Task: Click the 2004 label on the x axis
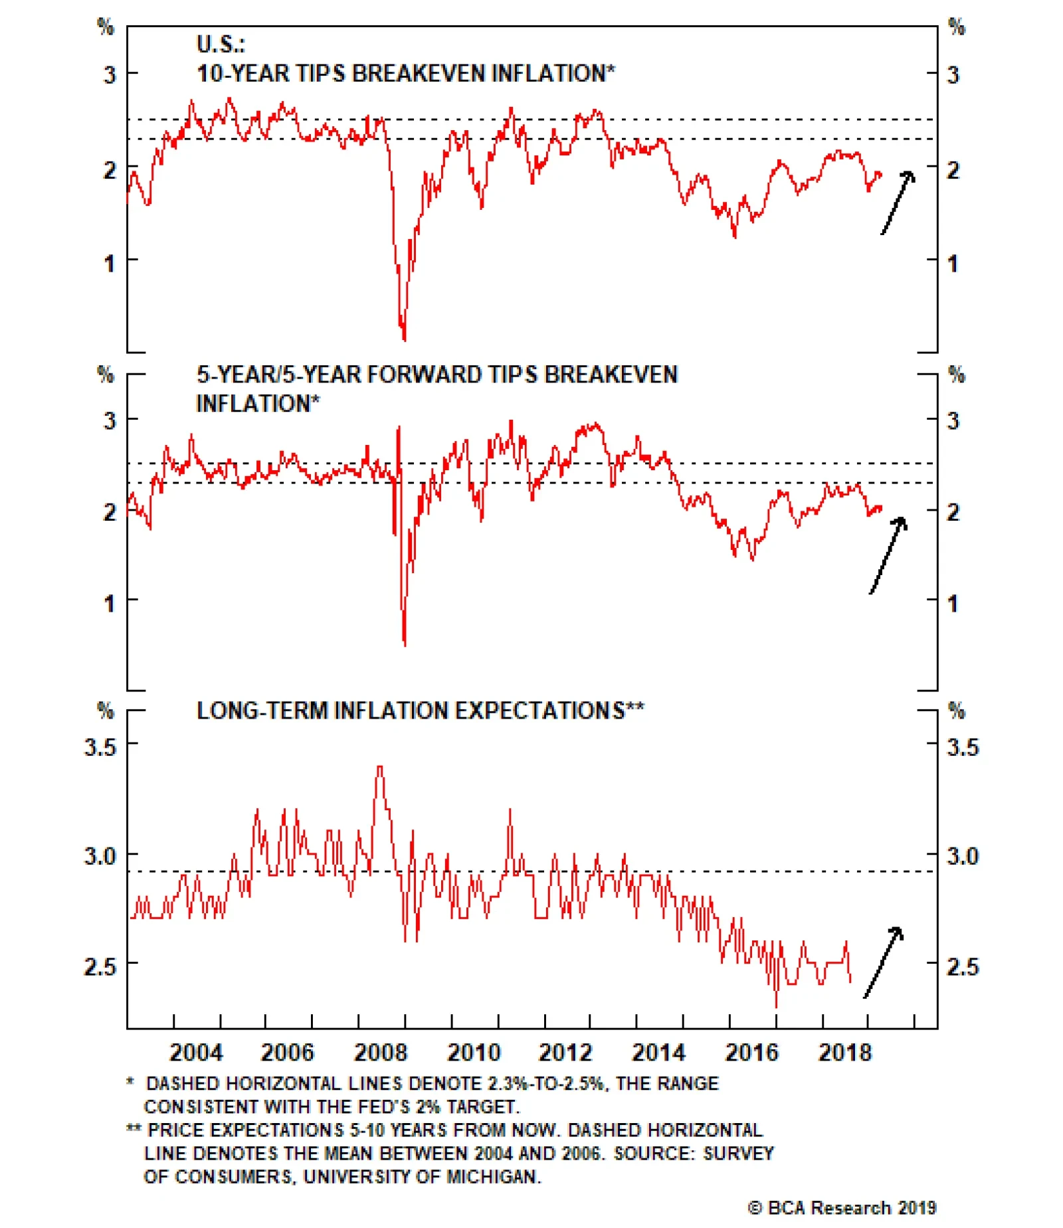196,1052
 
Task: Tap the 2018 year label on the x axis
844,1052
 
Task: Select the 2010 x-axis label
473,1052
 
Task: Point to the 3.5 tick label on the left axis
100,747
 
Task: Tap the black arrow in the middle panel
889,555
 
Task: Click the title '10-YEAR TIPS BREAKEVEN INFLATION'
405,73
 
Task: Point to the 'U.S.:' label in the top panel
221,44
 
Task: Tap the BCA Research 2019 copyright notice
842,1207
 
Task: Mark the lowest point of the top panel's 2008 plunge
404,339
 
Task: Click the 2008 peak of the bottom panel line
379,767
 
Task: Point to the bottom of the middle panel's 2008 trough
405,644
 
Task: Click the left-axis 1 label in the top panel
109,264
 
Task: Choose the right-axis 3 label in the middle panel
953,420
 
